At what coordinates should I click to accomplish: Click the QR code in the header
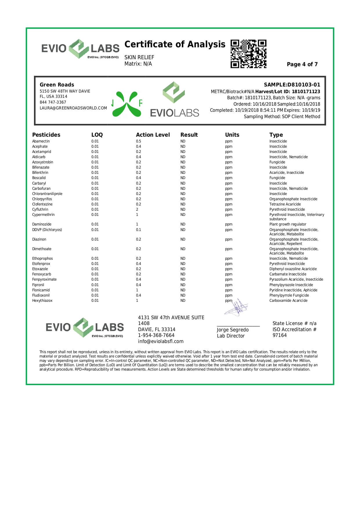point(248,54)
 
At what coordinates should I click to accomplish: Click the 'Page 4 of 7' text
point(302,64)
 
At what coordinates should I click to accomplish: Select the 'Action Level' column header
point(153,135)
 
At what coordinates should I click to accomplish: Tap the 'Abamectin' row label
point(41,141)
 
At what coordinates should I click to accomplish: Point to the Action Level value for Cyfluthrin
point(137,210)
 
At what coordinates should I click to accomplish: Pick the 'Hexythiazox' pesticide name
point(42,301)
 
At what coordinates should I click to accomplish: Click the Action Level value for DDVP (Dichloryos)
point(139,230)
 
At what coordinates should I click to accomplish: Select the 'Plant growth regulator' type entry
point(287,224)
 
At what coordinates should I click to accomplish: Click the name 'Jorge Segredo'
point(233,330)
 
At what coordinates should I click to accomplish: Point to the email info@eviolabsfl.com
point(161,342)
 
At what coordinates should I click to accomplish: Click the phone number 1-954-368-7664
point(156,335)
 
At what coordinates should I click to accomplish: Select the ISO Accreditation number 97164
point(280,335)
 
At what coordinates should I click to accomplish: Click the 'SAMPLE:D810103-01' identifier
point(292,85)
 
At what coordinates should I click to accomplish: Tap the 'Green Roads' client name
point(57,85)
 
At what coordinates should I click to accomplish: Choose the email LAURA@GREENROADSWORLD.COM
point(73,108)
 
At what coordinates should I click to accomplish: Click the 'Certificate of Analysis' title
point(175,44)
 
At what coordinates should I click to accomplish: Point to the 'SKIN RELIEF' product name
point(139,57)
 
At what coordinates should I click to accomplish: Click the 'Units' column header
point(232,135)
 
